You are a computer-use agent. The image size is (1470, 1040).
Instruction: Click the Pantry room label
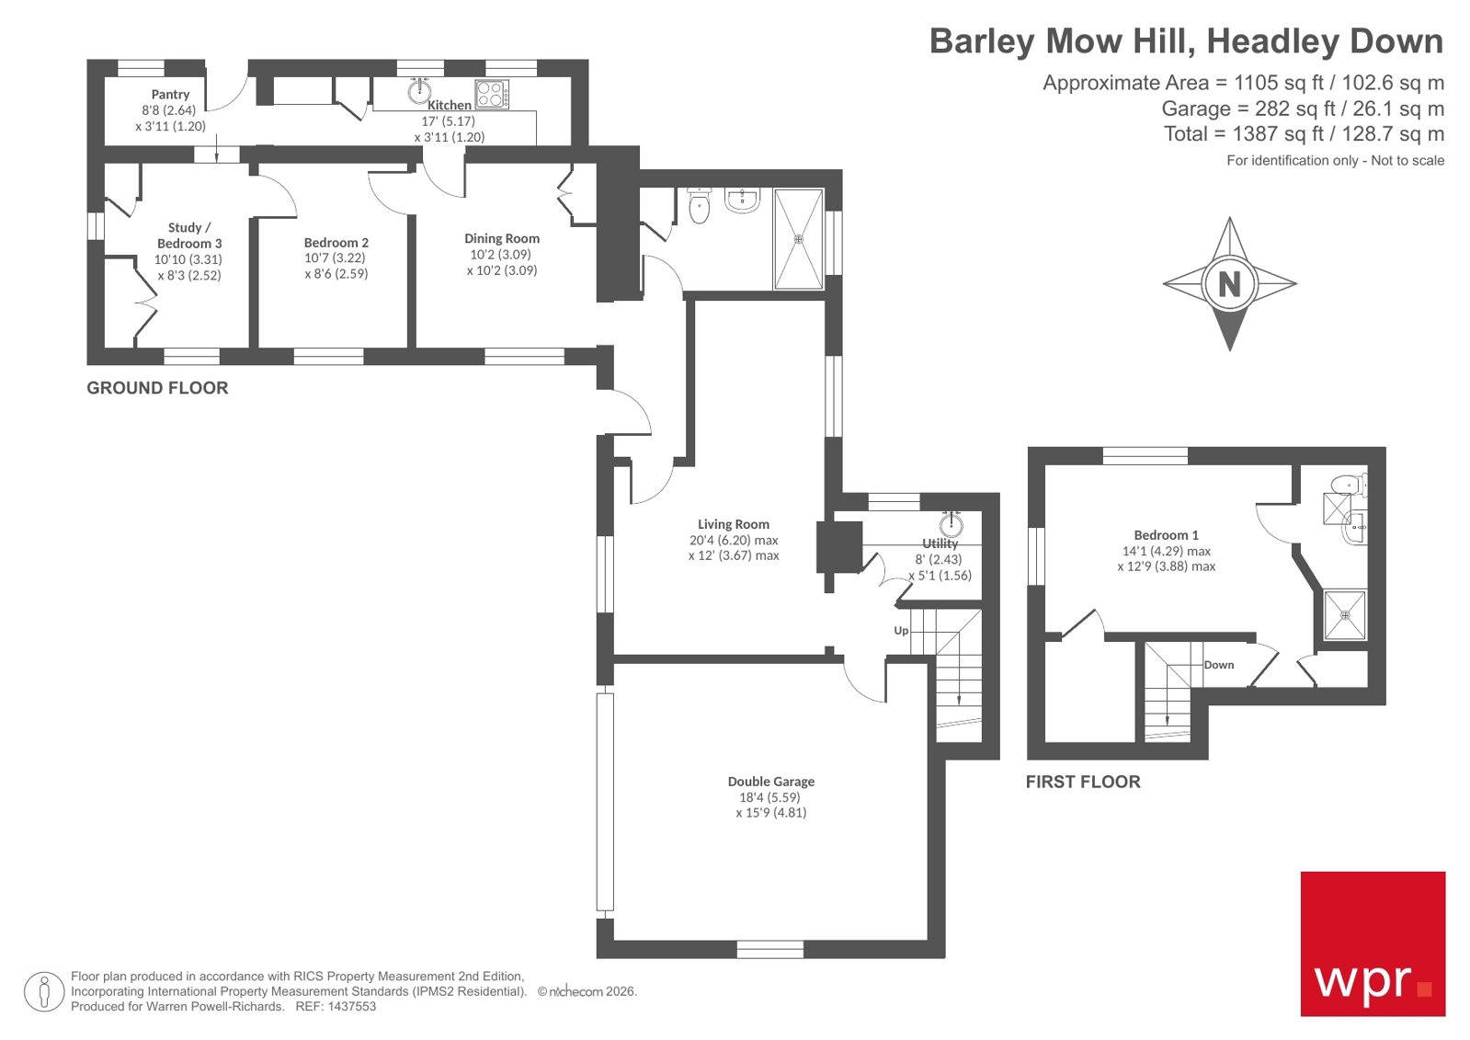170,94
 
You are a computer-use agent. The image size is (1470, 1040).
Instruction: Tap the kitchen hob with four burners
492,95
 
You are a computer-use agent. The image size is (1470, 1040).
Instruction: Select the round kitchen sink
420,90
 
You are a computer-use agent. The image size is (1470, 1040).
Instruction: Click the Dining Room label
502,238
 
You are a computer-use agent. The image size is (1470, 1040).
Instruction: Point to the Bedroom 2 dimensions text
336,266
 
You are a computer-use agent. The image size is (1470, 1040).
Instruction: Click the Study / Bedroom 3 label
189,235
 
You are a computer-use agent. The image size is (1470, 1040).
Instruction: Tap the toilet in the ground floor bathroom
700,206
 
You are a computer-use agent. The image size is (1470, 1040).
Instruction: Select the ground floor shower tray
798,239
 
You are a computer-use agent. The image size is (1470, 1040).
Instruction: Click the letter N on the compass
1229,284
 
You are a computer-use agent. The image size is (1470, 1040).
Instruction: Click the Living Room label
733,524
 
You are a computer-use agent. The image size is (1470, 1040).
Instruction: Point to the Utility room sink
952,525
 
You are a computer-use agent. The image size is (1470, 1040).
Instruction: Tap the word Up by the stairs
901,631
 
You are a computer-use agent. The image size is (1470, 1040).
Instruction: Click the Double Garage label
770,782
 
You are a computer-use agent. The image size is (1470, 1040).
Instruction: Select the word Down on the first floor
1219,665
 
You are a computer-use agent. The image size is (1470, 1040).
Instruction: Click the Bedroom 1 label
1166,535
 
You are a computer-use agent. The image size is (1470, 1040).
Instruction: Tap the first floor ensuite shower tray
1345,615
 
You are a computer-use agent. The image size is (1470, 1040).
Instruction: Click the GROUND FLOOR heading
157,388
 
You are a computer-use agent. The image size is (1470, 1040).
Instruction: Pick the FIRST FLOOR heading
1083,782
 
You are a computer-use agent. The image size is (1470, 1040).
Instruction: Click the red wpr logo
1373,943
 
